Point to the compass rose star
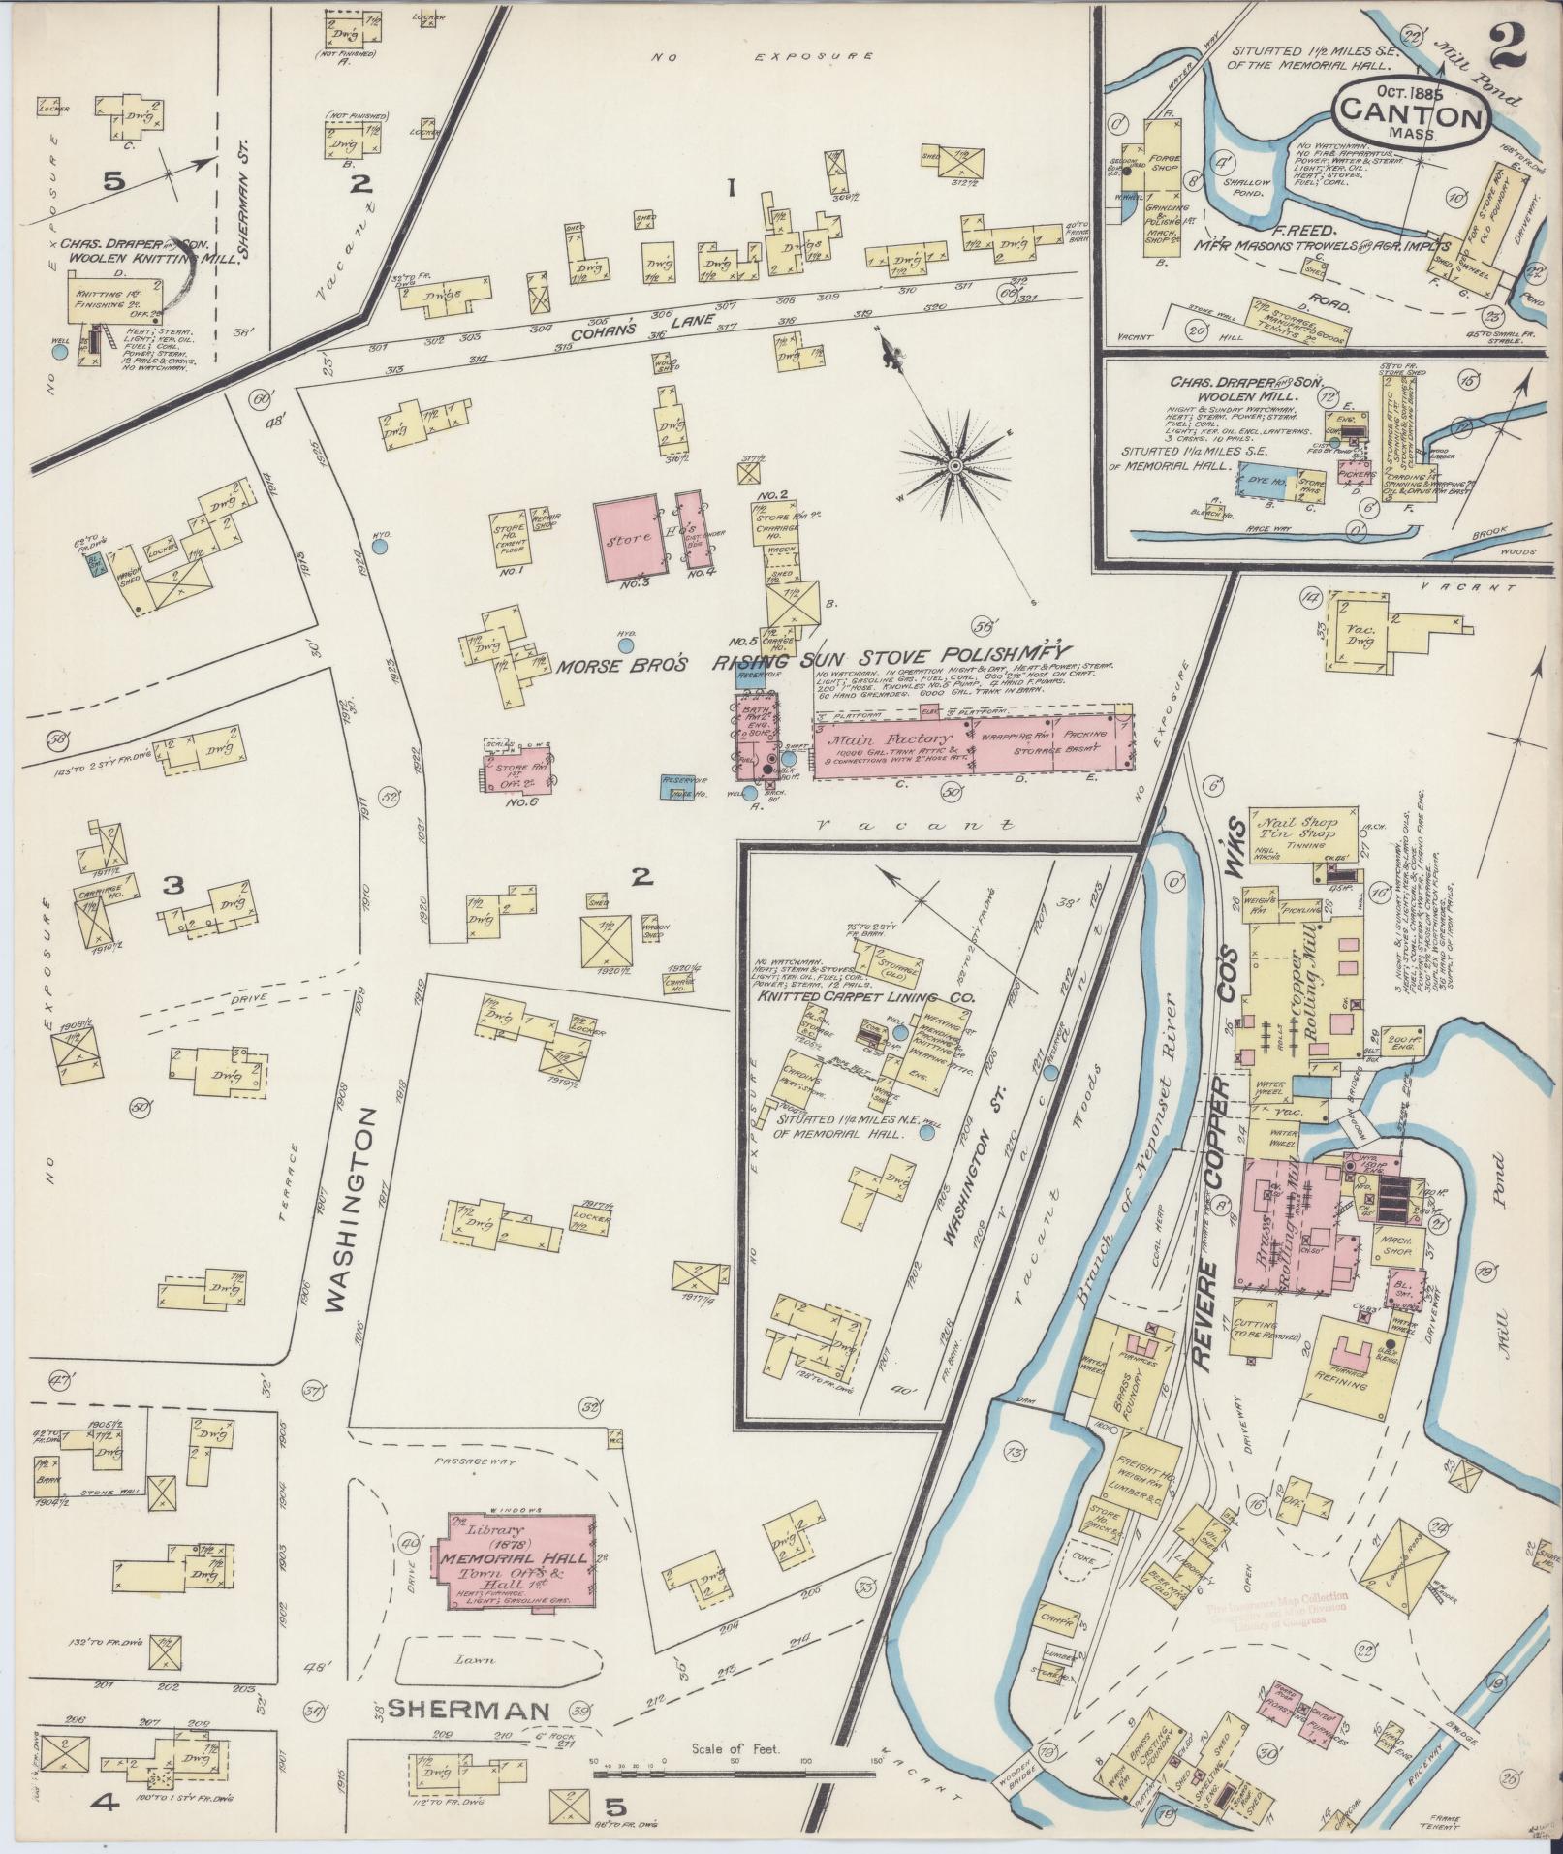(x=954, y=468)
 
